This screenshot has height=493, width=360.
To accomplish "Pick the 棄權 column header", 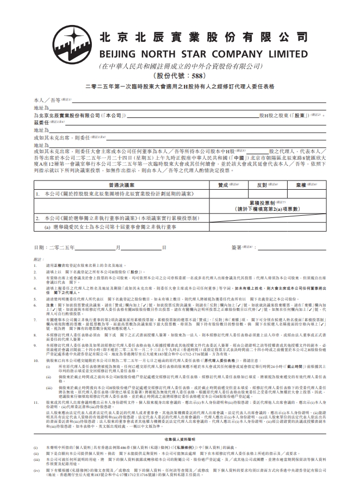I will [302, 185].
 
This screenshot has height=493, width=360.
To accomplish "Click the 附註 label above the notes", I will [38, 259].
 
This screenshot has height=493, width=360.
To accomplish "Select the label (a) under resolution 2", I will [47, 226].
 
